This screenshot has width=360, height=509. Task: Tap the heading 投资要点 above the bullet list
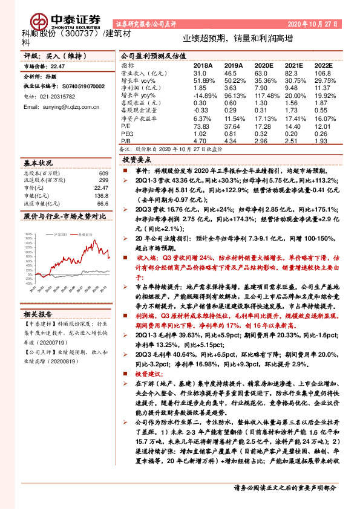click(x=136, y=160)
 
